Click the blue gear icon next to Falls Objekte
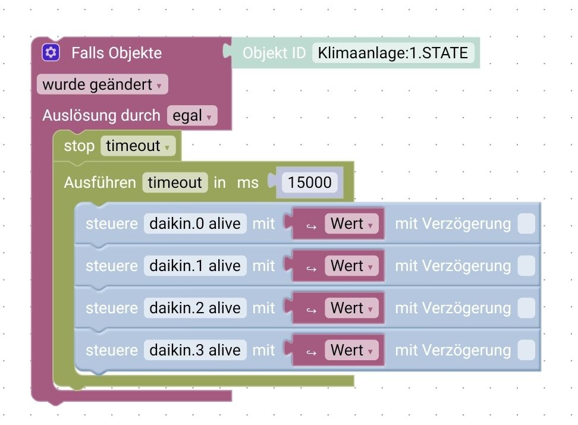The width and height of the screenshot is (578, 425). click(x=51, y=53)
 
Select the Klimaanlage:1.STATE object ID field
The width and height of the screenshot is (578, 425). click(x=393, y=53)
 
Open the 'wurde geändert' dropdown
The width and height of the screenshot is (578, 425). click(x=102, y=84)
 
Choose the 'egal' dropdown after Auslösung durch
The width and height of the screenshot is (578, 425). click(x=192, y=115)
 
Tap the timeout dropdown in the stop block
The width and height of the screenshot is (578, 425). click(x=138, y=146)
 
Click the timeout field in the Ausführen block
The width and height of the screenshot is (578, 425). click(x=175, y=182)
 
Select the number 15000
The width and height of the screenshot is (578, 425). click(x=309, y=182)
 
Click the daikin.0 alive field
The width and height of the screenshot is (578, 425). click(x=195, y=223)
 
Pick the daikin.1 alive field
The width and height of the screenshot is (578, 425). click(x=195, y=266)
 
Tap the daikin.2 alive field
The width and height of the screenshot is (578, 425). click(x=195, y=308)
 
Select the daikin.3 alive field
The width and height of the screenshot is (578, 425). click(x=195, y=350)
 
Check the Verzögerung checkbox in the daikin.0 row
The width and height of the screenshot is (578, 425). click(x=526, y=224)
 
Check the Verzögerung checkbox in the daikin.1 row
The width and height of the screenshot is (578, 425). click(x=526, y=266)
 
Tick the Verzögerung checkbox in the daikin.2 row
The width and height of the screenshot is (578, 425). click(x=526, y=308)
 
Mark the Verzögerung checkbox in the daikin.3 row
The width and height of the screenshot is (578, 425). click(x=526, y=351)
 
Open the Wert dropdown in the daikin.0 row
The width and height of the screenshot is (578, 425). click(x=351, y=224)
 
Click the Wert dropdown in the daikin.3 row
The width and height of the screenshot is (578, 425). click(x=351, y=351)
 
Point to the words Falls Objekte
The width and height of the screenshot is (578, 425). click(x=117, y=53)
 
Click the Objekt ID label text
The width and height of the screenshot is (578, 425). click(x=274, y=53)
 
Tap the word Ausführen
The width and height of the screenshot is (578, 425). click(x=100, y=182)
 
